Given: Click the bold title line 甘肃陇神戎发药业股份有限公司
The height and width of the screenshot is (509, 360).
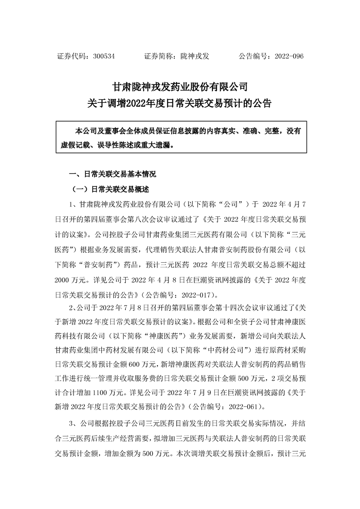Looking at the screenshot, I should click(x=180, y=86).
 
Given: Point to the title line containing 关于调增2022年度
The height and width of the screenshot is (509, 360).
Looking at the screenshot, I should click(x=180, y=103).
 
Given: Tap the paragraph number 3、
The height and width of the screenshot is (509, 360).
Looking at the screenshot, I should click(x=74, y=425).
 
